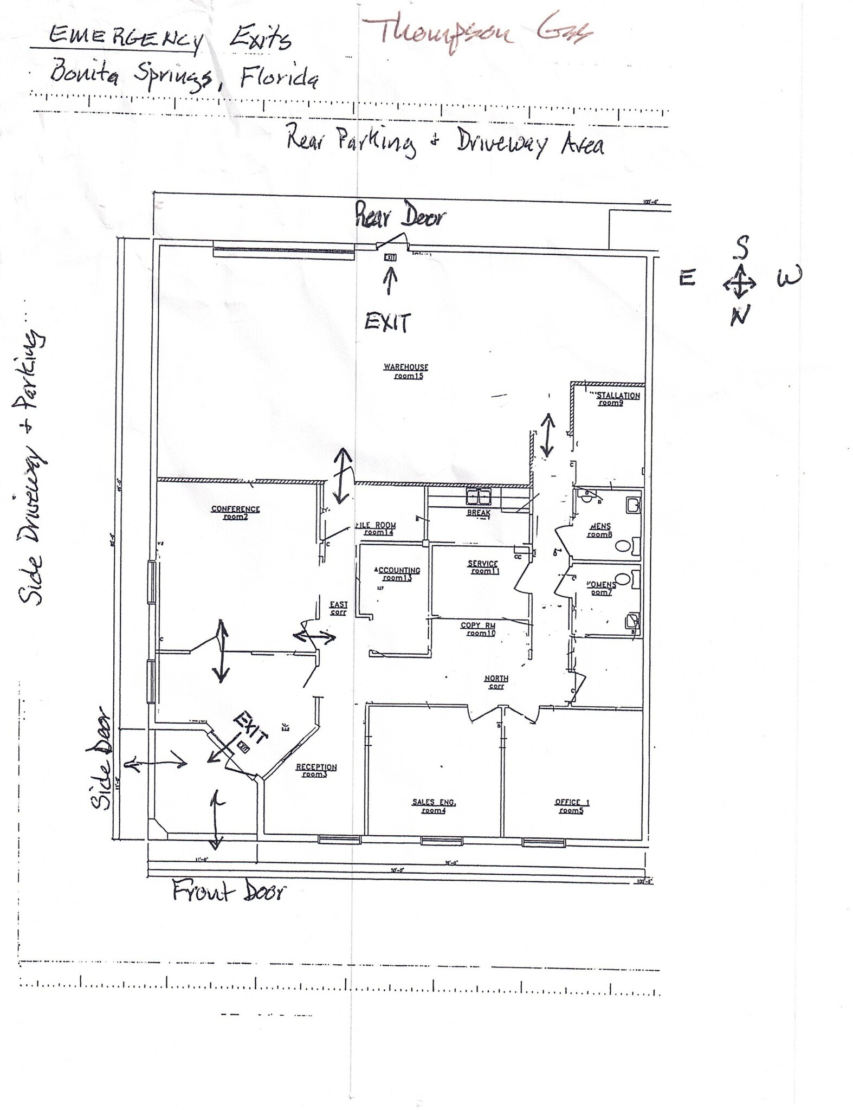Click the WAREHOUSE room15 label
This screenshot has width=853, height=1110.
click(x=406, y=371)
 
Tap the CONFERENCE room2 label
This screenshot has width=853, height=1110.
click(x=235, y=513)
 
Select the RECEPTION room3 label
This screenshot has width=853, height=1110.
click(x=316, y=771)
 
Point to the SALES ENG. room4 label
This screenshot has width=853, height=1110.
click(x=434, y=806)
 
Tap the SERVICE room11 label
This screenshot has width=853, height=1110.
click(x=482, y=567)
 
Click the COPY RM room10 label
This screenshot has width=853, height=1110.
click(x=478, y=629)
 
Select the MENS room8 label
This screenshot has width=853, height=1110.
click(x=600, y=530)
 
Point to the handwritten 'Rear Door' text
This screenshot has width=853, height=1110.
click(x=400, y=216)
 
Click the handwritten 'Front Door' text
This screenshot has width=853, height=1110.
click(x=228, y=890)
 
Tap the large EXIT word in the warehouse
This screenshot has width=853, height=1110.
click(x=387, y=322)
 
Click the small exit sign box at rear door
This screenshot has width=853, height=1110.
click(x=390, y=257)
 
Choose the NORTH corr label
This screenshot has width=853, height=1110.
click(x=496, y=682)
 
